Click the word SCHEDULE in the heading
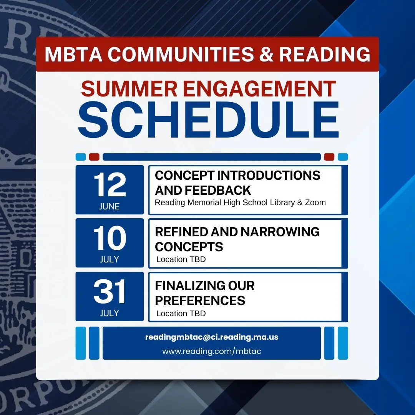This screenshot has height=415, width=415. tap(209, 120)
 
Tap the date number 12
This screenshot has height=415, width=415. tap(110, 184)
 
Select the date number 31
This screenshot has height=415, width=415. tap(109, 291)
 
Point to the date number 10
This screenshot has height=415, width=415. tap(110, 238)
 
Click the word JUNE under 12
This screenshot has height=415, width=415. tap(109, 206)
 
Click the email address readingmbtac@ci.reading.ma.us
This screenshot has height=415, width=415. tap(212, 337)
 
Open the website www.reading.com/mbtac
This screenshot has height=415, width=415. tap(212, 351)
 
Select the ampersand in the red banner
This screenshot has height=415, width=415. tap(266, 54)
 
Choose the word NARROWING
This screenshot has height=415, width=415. tap(280, 232)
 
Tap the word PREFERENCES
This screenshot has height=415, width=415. tap(200, 300)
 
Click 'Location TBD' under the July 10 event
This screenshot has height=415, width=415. tap(181, 259)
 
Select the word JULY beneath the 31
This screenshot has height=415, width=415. tap(109, 313)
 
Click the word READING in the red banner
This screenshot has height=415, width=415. tap(325, 54)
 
